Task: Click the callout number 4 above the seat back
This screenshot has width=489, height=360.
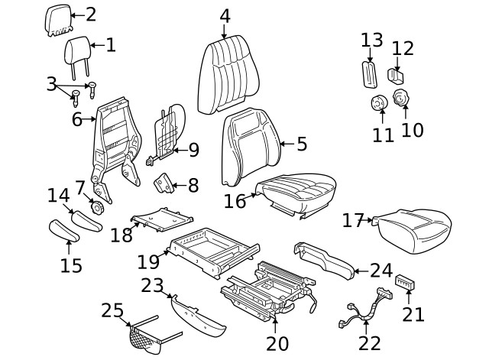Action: click(225, 16)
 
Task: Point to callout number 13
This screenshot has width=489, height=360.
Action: click(372, 40)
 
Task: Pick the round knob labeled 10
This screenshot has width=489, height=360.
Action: click(401, 98)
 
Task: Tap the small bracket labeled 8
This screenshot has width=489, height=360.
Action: click(163, 184)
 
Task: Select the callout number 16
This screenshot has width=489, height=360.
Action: click(235, 200)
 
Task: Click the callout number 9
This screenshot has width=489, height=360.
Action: click(193, 150)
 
